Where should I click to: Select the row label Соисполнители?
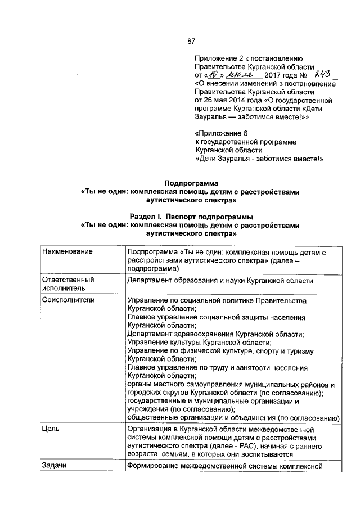pyautogui.click(x=69, y=300)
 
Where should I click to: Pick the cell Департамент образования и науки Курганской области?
pyautogui.click(x=220, y=280)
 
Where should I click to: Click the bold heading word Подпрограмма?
pyautogui.click(x=191, y=183)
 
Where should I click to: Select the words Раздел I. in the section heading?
pyautogui.click(x=147, y=216)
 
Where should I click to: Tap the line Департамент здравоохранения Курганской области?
pyautogui.click(x=215, y=334)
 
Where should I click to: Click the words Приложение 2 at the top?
pyautogui.click(x=220, y=58)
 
